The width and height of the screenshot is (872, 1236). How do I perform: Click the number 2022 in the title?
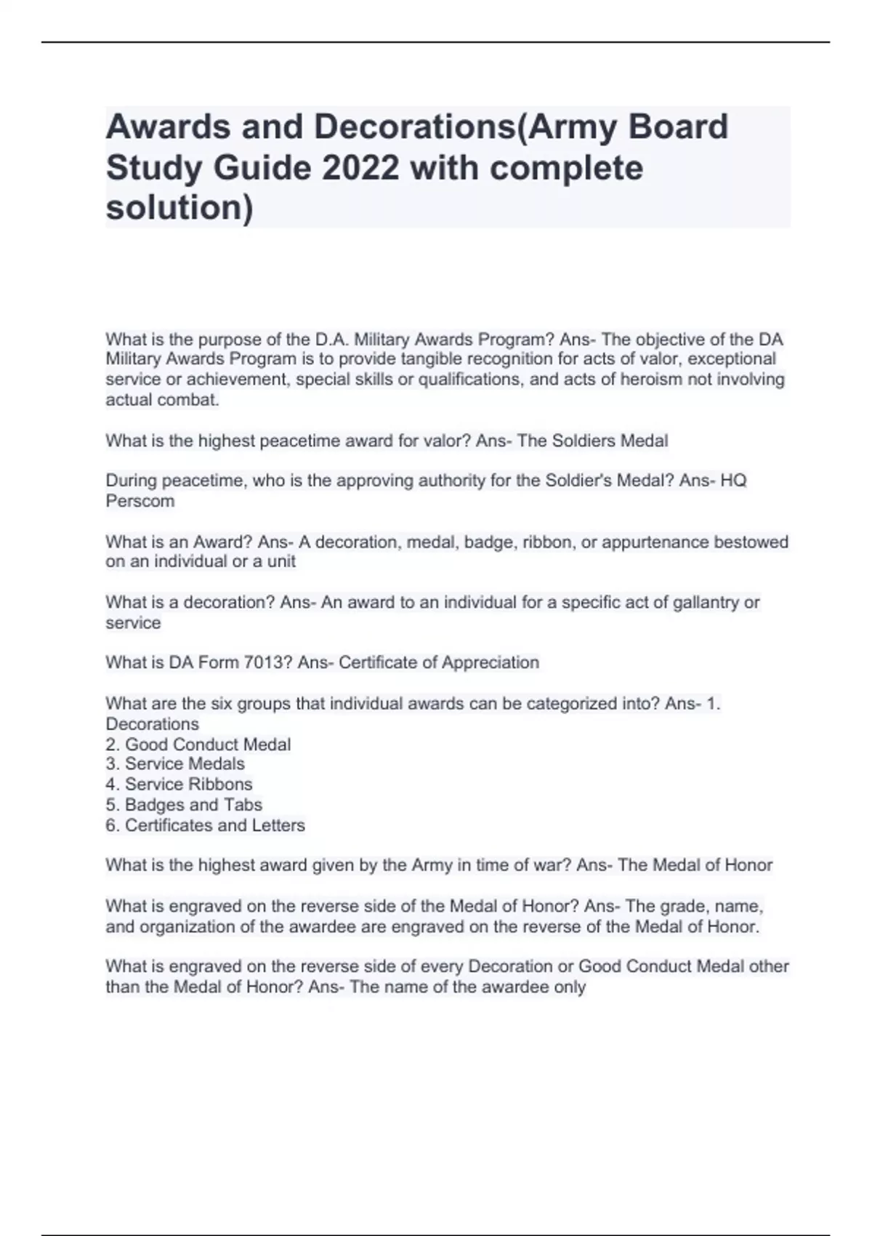click(360, 168)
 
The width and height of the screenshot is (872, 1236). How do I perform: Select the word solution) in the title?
click(180, 208)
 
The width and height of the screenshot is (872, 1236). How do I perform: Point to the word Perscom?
click(140, 501)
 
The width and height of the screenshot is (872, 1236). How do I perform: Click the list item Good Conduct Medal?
click(207, 745)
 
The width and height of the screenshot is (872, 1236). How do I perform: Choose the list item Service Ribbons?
click(188, 784)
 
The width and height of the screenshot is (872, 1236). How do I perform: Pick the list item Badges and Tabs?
click(193, 804)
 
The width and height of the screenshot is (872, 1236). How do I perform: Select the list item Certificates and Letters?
click(214, 825)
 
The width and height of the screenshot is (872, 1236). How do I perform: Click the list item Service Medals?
click(185, 763)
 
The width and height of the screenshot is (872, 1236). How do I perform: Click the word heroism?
click(648, 380)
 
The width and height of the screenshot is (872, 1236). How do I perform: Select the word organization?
click(187, 926)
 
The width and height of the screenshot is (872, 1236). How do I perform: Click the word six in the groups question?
click(222, 703)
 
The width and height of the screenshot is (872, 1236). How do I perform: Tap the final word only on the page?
click(569, 987)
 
